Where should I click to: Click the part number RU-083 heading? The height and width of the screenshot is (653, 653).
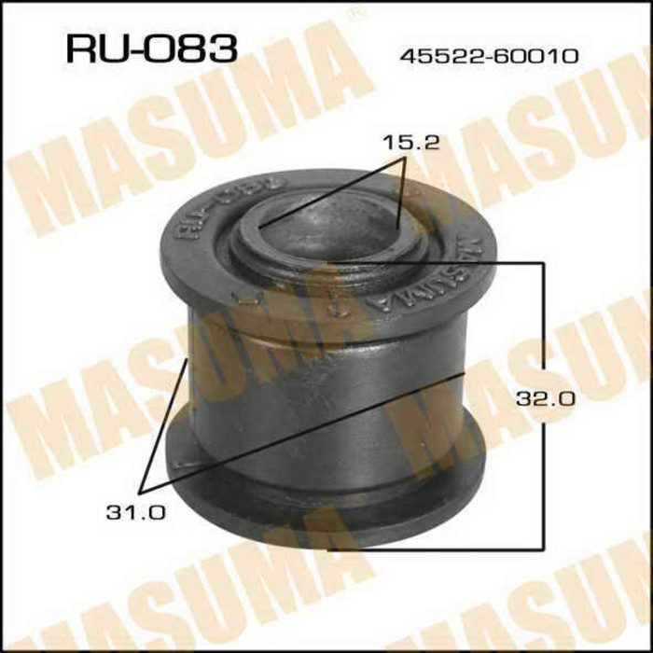click(150, 48)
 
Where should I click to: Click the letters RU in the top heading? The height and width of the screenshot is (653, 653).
click(90, 48)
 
